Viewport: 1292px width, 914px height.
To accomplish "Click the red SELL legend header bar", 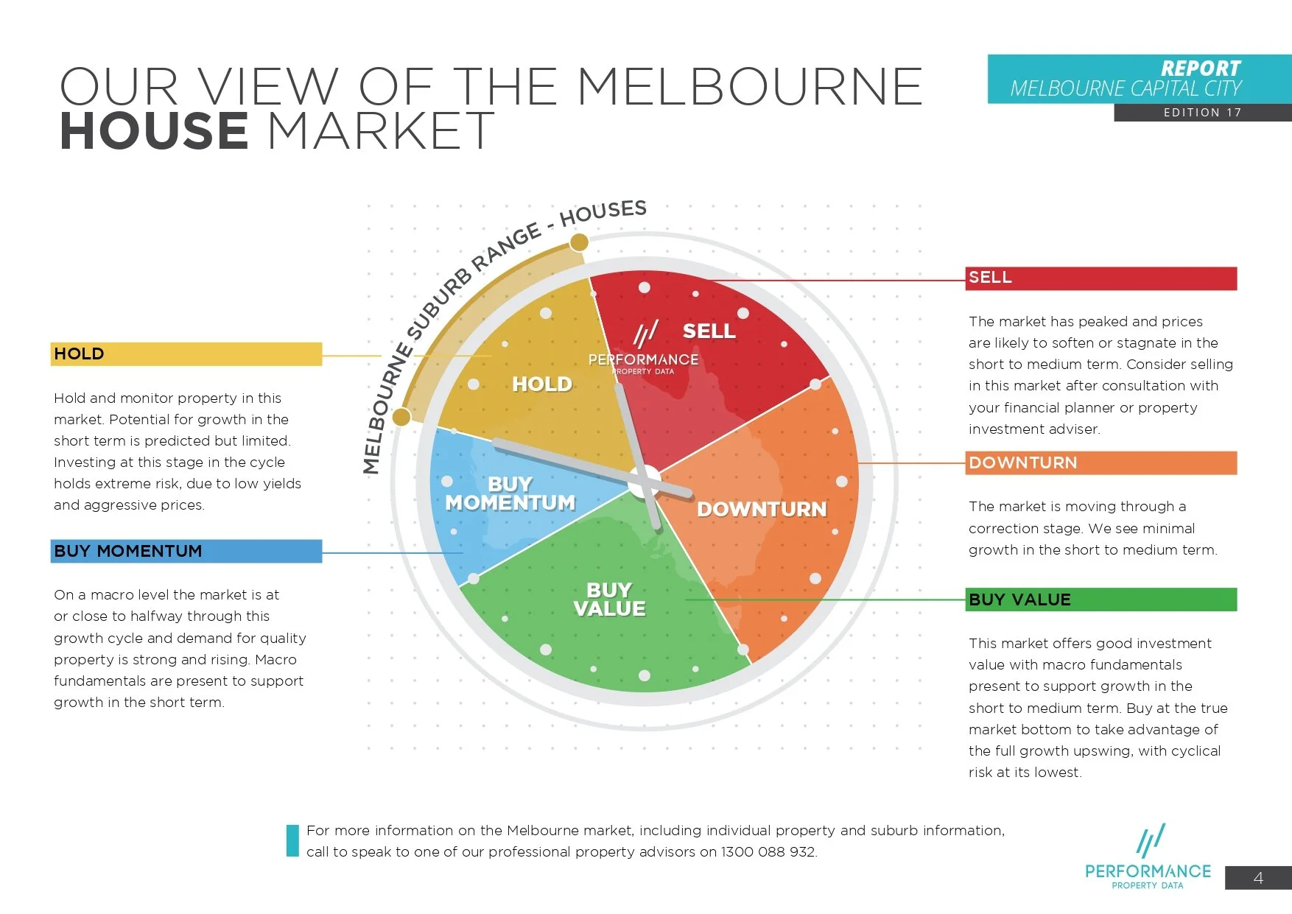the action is point(1100,278).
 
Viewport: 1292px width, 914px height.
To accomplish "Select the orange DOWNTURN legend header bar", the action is point(1100,463).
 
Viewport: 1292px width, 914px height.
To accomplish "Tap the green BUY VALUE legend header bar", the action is point(1100,600).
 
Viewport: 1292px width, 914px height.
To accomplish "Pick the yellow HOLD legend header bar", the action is point(186,354).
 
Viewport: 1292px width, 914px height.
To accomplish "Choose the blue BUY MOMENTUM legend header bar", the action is point(186,551).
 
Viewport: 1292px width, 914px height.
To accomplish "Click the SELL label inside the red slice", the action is point(709,331).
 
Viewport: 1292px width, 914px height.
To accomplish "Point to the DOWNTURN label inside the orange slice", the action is point(762,509).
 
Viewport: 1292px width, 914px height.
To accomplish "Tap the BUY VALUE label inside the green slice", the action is point(609,600).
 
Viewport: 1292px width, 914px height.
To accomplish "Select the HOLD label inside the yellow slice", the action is point(542,384).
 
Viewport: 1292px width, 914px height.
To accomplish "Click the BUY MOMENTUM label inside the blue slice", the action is point(510,493).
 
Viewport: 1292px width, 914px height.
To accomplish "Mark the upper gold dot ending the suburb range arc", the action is point(580,242).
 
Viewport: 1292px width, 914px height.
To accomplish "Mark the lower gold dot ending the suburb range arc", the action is point(401,417).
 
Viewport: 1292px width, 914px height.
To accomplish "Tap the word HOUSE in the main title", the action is point(153,131).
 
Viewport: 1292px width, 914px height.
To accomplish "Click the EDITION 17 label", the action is point(1202,113).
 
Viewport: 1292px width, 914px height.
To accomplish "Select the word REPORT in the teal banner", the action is point(1201,68).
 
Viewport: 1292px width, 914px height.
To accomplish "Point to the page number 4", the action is point(1258,878).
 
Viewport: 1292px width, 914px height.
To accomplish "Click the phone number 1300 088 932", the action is point(768,852).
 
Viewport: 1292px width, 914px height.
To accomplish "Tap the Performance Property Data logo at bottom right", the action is point(1148,858).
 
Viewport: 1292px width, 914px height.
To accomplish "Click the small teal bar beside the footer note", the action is point(292,840).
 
